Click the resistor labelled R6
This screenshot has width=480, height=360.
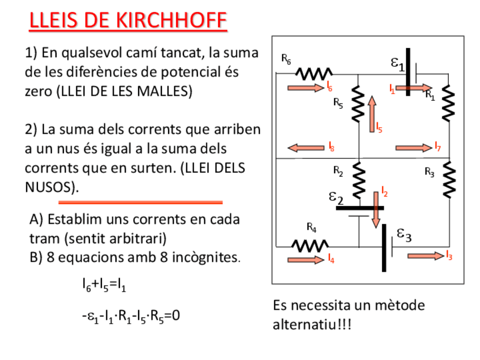[x=314, y=74]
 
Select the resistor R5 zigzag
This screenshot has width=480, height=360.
[x=357, y=104]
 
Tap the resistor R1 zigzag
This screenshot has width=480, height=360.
[x=448, y=102]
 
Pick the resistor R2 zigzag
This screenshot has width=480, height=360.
[x=358, y=180]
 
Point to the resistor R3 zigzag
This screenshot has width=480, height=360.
[x=448, y=179]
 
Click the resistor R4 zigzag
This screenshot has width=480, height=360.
[x=310, y=246]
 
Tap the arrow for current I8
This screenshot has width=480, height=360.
[x=306, y=148]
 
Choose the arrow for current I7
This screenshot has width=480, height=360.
[x=414, y=148]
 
